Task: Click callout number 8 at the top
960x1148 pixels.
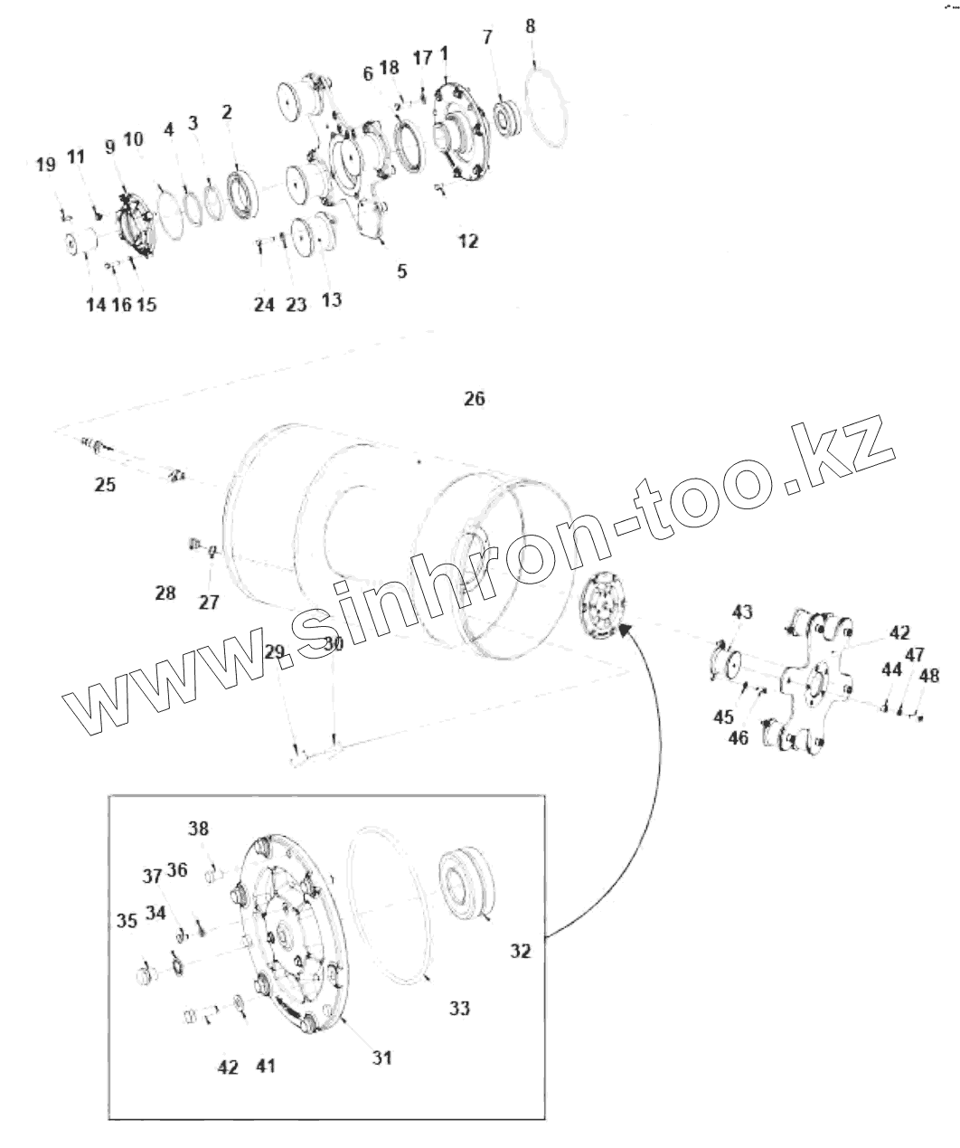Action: click(530, 25)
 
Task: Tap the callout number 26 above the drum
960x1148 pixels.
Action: click(474, 398)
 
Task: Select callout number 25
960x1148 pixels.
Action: click(105, 484)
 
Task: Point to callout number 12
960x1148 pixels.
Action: click(467, 242)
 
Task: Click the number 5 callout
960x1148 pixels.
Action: click(401, 270)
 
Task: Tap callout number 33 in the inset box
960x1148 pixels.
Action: click(459, 1008)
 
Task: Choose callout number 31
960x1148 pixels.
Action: click(381, 1057)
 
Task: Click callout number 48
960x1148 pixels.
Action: click(928, 676)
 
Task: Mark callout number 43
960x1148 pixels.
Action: click(741, 612)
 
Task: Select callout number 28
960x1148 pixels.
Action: click(165, 593)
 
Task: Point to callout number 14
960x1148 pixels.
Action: click(96, 305)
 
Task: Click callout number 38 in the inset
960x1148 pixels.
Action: click(198, 828)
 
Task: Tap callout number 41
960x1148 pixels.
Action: click(264, 1067)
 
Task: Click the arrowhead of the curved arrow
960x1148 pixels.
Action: click(626, 631)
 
